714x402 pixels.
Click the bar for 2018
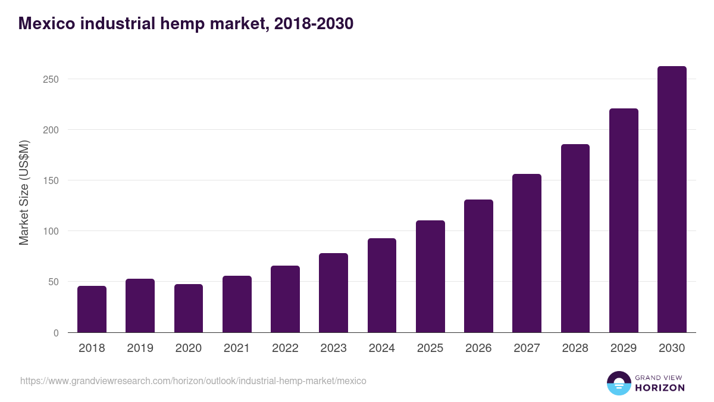coord(92,309)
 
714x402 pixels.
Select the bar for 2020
coord(189,308)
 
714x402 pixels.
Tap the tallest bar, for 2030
coord(672,200)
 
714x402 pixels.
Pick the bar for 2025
coord(430,276)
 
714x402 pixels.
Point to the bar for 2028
coord(575,238)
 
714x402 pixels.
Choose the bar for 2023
coord(333,293)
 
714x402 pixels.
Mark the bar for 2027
coord(527,253)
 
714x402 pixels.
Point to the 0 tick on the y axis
coord(56,333)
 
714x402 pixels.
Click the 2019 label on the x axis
coord(140,348)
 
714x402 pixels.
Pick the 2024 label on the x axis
coord(381,348)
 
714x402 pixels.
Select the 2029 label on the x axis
coord(624,348)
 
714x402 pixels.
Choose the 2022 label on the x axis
coord(285,348)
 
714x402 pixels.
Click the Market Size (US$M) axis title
coord(24,192)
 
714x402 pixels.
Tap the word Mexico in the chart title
coord(46,23)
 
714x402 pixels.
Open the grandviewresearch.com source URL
coord(193,381)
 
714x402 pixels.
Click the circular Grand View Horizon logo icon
coord(619,384)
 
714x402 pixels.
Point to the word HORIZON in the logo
coord(660,388)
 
